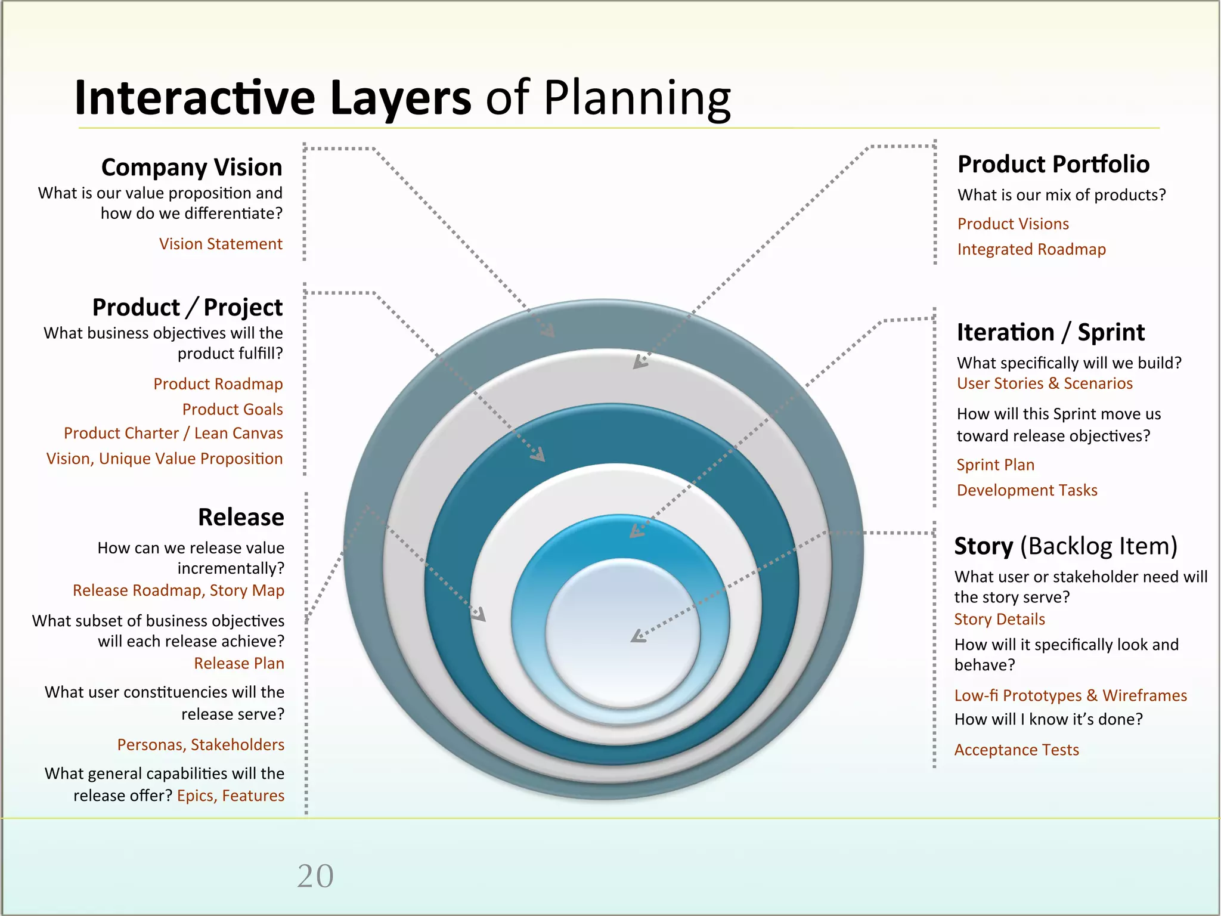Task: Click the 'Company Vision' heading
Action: pos(191,168)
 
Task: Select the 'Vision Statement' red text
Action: pos(221,244)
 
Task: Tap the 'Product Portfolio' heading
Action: pos(1053,164)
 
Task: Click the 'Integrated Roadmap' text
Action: pos(1031,249)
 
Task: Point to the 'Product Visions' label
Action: pos(1013,224)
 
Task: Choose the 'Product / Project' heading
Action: pos(187,308)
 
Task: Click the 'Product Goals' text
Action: pos(233,409)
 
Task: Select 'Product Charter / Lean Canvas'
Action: pos(173,434)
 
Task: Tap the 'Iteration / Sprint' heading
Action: pos(1050,332)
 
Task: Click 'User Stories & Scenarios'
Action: pos(1045,383)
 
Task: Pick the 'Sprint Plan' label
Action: pos(996,465)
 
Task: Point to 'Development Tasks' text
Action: pos(1027,490)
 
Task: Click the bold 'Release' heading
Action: pos(241,517)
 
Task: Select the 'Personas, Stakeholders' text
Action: pos(200,745)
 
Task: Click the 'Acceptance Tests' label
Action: pos(1017,750)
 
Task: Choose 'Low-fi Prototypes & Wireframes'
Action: pos(1070,695)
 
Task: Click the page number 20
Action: pos(315,876)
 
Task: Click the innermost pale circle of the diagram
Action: pos(622,632)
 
